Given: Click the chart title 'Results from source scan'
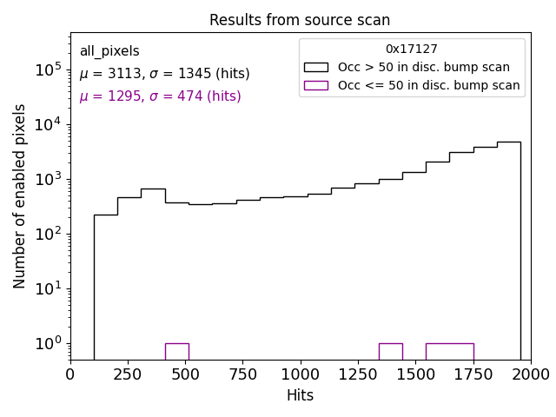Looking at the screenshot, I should pos(300,20).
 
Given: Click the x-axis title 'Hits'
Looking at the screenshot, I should pos(300,395).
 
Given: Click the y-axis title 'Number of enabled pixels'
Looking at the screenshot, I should pos(20,196).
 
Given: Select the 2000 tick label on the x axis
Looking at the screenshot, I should pos(530,374).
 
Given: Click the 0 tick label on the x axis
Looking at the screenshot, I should pos(70,374).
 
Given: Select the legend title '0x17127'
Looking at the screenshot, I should pos(412,50).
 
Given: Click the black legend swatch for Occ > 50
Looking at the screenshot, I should pos(315,67).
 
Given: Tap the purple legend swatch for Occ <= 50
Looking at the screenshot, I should pos(315,85).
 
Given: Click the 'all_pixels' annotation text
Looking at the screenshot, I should pos(109,51).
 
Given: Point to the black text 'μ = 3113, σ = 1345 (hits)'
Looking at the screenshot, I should pos(164,74).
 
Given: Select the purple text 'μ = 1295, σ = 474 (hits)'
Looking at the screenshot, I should pos(160,96).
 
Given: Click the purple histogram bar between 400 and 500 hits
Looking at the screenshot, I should pos(176,351).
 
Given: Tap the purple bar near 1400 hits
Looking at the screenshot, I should pos(390,351).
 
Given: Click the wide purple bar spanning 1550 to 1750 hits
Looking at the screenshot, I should pos(449,351).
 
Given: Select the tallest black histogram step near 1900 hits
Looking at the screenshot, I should pos(508,252).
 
